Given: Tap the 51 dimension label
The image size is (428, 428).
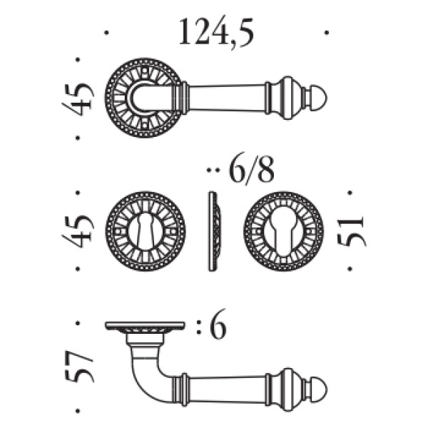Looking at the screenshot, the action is click(x=351, y=230).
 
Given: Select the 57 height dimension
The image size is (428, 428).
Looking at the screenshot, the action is click(x=79, y=367).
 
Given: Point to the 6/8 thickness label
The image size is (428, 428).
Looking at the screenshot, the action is click(x=251, y=170).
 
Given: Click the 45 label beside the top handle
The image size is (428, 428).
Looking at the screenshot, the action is click(x=78, y=97).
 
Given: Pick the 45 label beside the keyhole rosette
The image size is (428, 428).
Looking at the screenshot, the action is click(x=78, y=231).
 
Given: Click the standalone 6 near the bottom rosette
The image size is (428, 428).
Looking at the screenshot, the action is click(x=218, y=324).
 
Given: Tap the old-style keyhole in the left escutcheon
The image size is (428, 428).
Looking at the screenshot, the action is click(x=146, y=231).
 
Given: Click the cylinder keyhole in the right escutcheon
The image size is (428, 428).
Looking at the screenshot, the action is click(x=283, y=232).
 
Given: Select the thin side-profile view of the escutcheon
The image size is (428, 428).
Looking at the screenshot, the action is click(x=215, y=231).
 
